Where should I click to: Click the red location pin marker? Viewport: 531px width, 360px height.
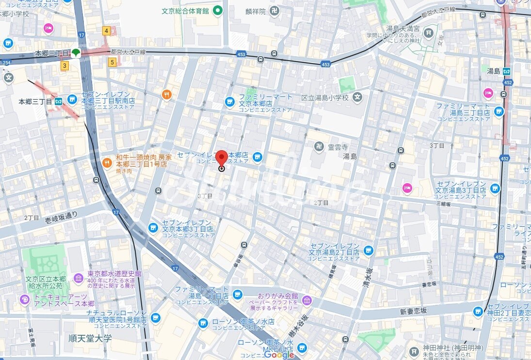(x=222, y=158)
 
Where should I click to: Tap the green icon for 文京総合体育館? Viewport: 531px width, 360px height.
(x=218, y=10)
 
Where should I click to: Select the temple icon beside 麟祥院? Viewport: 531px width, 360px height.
(x=274, y=10)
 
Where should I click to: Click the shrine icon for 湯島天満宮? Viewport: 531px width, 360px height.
(x=428, y=33)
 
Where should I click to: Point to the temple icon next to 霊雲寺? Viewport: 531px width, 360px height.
(x=320, y=146)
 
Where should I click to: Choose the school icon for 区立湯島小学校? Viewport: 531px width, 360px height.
(x=357, y=97)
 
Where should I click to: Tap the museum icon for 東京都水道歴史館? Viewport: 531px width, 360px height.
(x=79, y=278)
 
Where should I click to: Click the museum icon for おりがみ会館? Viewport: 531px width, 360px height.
(x=306, y=300)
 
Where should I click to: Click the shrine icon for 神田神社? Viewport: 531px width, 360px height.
(x=413, y=351)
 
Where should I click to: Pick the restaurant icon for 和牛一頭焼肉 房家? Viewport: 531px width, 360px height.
(x=107, y=162)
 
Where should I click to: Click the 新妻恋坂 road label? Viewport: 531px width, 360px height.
(x=413, y=311)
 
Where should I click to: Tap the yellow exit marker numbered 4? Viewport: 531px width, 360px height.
(x=106, y=31)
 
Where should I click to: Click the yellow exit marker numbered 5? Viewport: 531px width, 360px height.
(x=112, y=62)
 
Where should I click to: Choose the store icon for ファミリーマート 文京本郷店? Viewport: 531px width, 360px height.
(x=229, y=102)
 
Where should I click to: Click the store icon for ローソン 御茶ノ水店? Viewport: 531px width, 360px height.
(x=203, y=323)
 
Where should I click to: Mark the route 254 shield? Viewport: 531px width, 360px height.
(x=6, y=63)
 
